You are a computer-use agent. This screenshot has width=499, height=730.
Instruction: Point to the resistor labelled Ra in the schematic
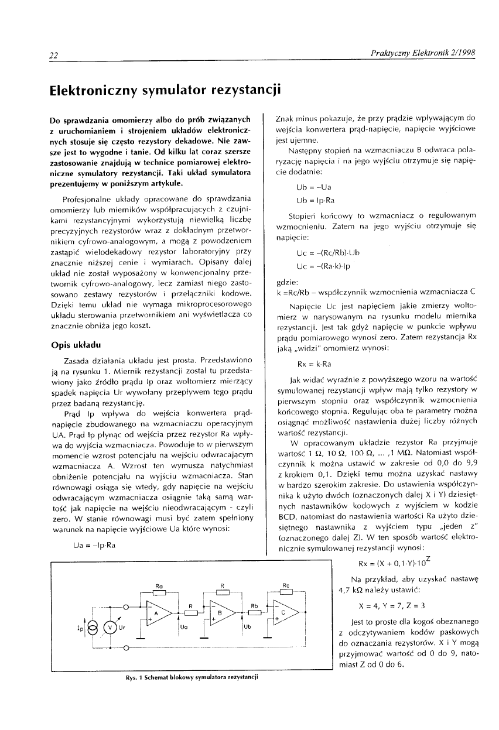[x=159, y=591]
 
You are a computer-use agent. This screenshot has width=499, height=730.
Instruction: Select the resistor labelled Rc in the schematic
[x=285, y=591]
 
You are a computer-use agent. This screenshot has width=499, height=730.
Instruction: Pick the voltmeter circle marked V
[x=110, y=626]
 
